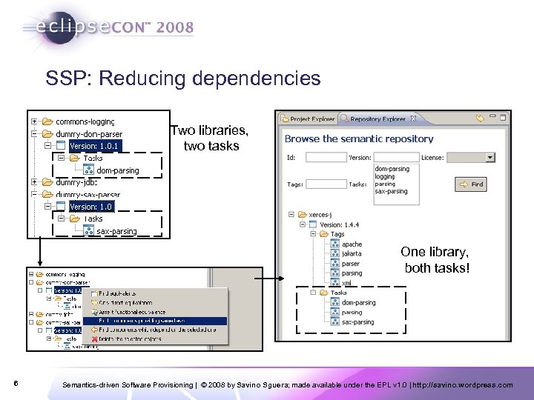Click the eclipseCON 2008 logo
tap(108, 28)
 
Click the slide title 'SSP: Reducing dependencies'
tap(182, 78)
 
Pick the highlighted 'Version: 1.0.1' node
tap(94, 146)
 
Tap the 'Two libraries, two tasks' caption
tap(211, 138)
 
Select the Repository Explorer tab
tap(377, 119)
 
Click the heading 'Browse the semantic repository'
tap(359, 139)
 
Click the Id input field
tap(326, 157)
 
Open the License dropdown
tap(489, 157)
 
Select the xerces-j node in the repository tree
tap(325, 214)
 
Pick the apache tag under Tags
tap(352, 244)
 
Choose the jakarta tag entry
tap(352, 254)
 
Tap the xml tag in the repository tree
tap(346, 282)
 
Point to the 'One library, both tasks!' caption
tap(436, 260)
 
